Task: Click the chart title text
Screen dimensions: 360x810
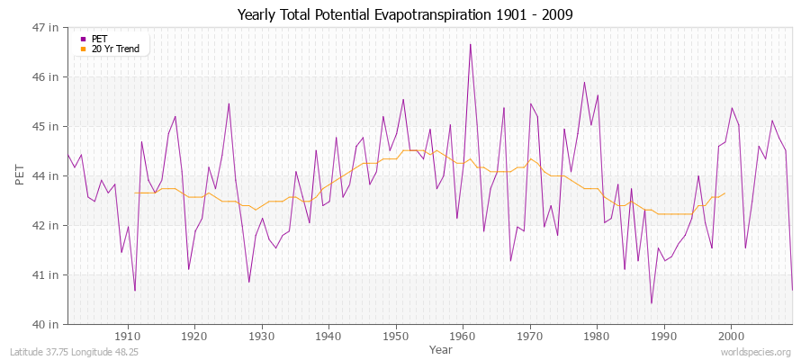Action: click(405, 14)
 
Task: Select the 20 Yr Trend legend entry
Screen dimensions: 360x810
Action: click(115, 49)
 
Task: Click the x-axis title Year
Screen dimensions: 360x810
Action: click(441, 348)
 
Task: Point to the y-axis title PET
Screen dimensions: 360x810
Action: click(20, 175)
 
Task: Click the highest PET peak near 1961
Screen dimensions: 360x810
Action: click(470, 44)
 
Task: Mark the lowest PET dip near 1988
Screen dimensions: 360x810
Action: click(651, 303)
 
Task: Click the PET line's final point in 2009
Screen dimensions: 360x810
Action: click(792, 289)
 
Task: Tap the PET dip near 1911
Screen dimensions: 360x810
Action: click(135, 291)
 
